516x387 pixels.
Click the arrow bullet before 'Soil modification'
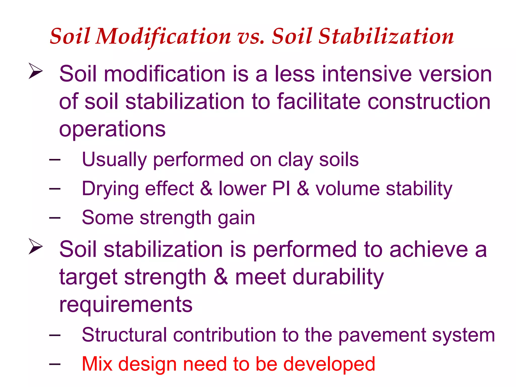click(36, 71)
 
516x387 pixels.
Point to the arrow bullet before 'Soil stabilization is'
click(36, 246)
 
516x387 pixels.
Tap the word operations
click(112, 129)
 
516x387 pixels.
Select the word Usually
click(114, 160)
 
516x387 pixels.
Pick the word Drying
click(110, 189)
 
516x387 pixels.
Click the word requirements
click(126, 305)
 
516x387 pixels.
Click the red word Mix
click(97, 364)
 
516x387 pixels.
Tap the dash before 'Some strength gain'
click(55, 218)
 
